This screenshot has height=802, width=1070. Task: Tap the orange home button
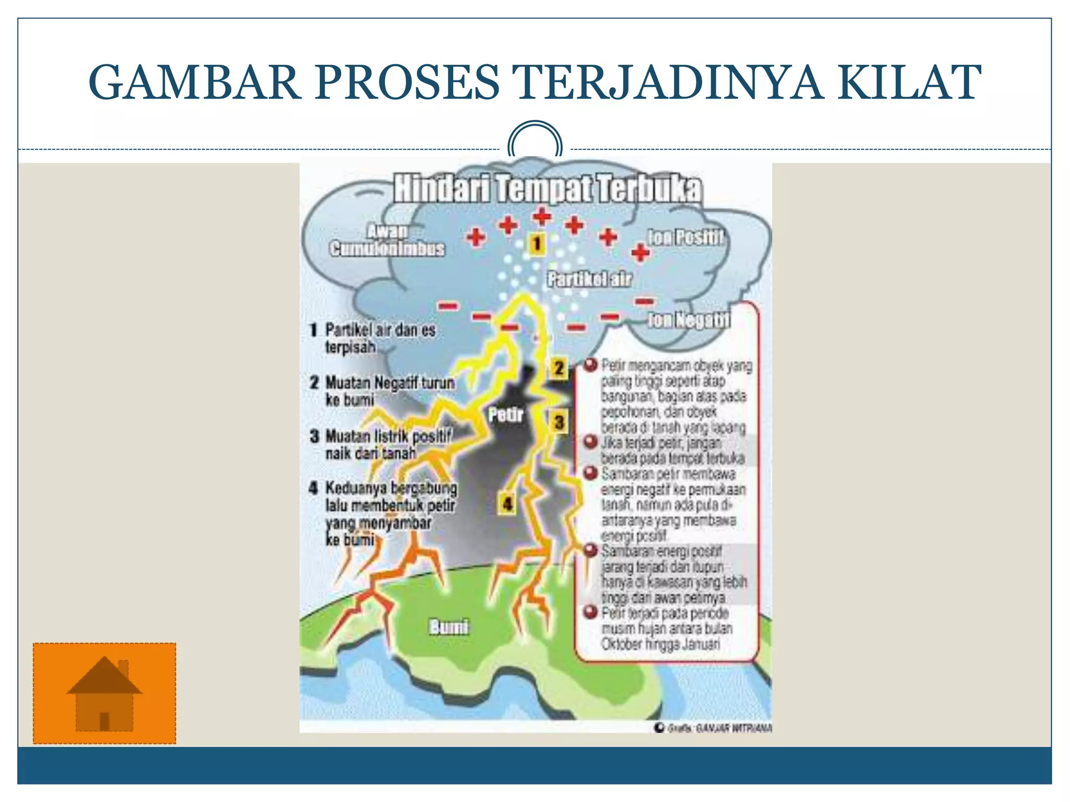[104, 693]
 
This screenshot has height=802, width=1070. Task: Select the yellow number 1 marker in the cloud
[537, 243]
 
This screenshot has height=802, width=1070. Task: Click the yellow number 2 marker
[559, 368]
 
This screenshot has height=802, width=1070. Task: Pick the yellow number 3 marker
[559, 422]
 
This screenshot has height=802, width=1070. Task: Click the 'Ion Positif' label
[685, 238]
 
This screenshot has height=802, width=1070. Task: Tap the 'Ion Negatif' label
[689, 320]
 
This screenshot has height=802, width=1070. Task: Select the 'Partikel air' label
[589, 279]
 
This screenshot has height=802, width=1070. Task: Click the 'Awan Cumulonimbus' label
[387, 240]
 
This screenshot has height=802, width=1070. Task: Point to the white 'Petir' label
[506, 415]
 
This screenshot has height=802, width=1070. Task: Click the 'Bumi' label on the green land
[448, 627]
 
